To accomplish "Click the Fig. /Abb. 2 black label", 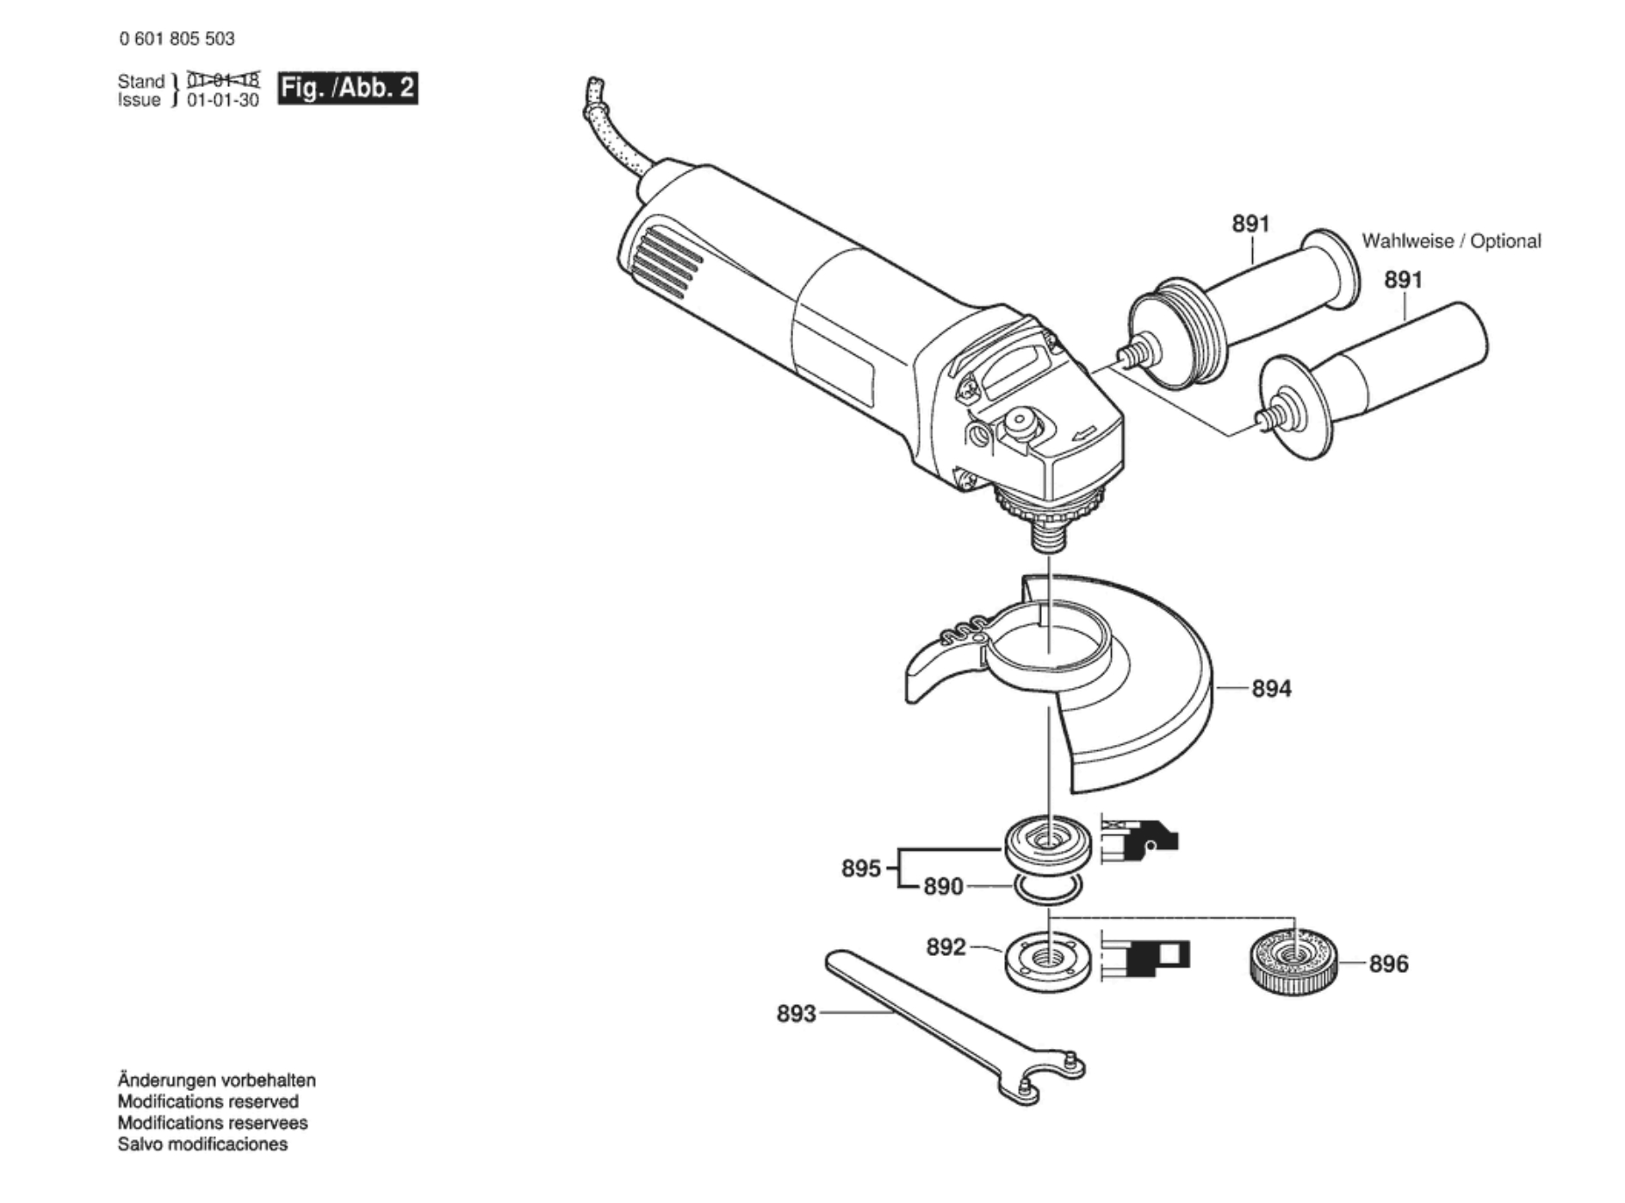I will click(347, 88).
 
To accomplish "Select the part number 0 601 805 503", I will click(177, 39).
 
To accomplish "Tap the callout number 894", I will click(1271, 688).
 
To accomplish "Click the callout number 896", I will click(1388, 964).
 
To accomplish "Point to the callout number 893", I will click(796, 1014).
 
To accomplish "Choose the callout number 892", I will click(946, 947).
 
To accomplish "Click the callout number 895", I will click(861, 868).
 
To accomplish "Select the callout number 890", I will click(943, 886).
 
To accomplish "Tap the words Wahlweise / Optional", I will click(1451, 241).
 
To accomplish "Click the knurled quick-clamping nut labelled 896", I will click(1292, 962).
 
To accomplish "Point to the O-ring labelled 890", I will click(1047, 889).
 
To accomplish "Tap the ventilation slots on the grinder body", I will click(667, 258).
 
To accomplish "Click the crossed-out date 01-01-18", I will click(223, 81).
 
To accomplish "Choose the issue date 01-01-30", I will click(223, 101).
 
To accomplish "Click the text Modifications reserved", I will click(208, 1101).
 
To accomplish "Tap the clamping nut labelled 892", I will click(1048, 962).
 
